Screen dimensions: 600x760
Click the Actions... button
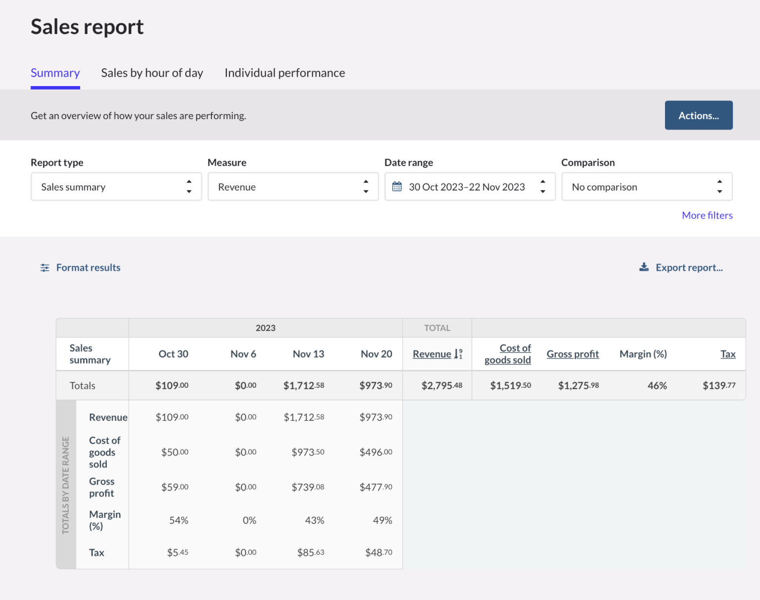click(x=698, y=115)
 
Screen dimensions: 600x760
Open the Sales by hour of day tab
click(x=152, y=73)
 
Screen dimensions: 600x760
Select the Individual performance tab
click(x=285, y=73)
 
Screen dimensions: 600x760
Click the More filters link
click(x=707, y=215)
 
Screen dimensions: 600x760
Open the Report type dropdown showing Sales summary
click(x=116, y=187)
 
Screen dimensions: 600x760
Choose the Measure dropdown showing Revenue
click(x=293, y=187)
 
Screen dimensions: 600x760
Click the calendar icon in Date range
click(x=397, y=186)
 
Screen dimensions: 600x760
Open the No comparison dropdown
click(x=646, y=187)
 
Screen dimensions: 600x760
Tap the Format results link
click(x=88, y=268)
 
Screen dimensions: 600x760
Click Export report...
click(x=689, y=268)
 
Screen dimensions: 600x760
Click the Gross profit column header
click(x=572, y=354)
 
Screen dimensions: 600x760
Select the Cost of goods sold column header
click(x=508, y=354)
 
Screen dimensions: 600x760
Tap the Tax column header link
click(x=727, y=354)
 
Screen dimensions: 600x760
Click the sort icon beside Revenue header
click(x=458, y=354)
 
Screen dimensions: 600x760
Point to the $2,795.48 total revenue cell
click(x=441, y=386)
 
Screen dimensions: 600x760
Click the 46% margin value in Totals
click(x=657, y=386)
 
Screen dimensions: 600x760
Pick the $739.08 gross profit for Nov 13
click(x=308, y=487)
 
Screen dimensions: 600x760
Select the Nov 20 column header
click(x=376, y=354)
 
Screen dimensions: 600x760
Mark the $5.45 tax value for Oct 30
click(x=177, y=553)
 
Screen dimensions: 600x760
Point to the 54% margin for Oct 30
click(x=179, y=520)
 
